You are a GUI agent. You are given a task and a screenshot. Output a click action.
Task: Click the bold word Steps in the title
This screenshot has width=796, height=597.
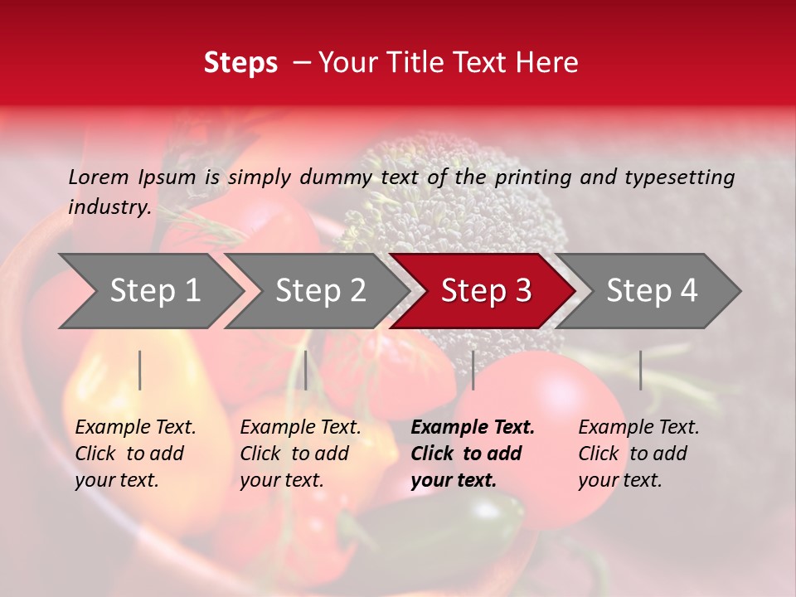click(240, 63)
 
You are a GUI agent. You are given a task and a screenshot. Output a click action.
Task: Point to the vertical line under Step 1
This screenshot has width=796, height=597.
click(140, 370)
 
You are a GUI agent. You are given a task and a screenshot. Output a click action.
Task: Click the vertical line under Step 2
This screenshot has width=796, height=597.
click(306, 370)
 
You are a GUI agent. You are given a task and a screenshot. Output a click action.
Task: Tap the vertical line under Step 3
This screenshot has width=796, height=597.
click(473, 370)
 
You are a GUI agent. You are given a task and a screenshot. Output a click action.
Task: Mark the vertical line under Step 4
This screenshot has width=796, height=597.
click(640, 370)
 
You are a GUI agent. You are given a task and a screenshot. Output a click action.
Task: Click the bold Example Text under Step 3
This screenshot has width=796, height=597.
click(473, 428)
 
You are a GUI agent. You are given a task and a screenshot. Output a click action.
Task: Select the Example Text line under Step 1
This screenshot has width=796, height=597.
click(135, 428)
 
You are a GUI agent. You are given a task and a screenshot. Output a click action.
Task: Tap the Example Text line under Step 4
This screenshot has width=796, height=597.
click(638, 428)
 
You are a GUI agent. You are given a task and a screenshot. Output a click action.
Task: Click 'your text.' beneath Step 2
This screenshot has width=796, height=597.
click(281, 480)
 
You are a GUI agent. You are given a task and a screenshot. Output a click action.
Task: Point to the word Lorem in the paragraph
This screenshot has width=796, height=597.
click(99, 177)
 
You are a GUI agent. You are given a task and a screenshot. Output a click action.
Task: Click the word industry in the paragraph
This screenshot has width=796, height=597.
click(109, 207)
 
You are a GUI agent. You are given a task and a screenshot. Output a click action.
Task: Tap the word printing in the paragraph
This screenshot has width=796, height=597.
click(541, 177)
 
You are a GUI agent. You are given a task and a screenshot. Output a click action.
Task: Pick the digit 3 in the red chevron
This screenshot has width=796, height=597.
click(522, 291)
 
